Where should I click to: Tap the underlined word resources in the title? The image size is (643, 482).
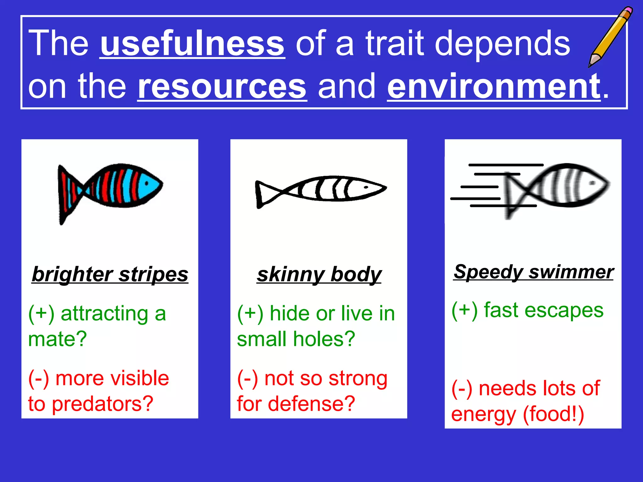point(222,86)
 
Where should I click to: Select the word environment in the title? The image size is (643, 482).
point(494,86)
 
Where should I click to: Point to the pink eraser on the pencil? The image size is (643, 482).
point(629,10)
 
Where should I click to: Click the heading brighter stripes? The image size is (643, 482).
point(110,274)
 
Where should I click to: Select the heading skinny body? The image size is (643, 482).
point(319,274)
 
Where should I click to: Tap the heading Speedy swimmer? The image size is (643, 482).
point(533,272)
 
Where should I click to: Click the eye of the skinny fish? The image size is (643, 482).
point(366,187)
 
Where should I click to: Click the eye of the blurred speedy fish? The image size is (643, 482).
point(592,183)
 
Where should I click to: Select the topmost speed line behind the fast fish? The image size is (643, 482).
point(505,165)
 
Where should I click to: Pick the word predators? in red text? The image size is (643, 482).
point(102,404)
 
